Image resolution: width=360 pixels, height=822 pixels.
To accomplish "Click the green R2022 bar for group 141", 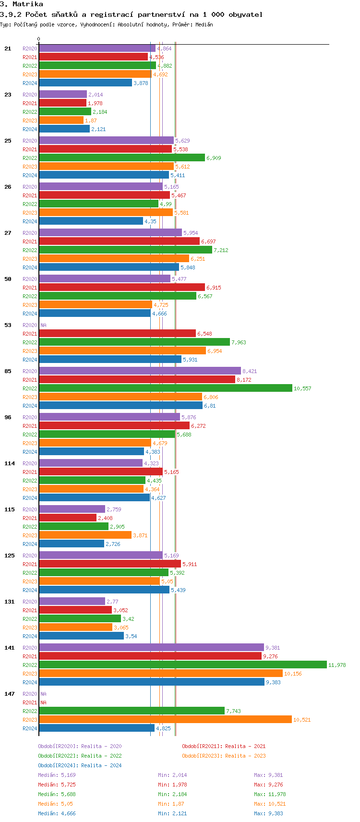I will pyautogui.click(x=182, y=665).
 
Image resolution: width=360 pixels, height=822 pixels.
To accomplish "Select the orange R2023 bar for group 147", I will pyautogui.click(x=165, y=720).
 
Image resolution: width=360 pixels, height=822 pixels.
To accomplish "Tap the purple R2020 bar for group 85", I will pyautogui.click(x=140, y=371).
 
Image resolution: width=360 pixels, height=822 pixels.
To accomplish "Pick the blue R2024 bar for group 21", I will pyautogui.click(x=85, y=83).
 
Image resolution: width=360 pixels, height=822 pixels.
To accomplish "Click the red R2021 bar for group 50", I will pyautogui.click(x=122, y=288).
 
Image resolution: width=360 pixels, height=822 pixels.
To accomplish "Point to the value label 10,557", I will pyautogui.click(x=302, y=388).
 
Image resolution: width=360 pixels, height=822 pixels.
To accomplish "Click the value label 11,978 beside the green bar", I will pyautogui.click(x=337, y=665).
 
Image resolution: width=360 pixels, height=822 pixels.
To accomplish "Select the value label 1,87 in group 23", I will pyautogui.click(x=91, y=121).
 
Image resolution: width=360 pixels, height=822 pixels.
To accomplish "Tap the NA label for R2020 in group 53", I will pyautogui.click(x=43, y=325).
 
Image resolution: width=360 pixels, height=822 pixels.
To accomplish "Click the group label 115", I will pyautogui.click(x=10, y=509).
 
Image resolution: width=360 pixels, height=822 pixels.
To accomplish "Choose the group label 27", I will pyautogui.click(x=8, y=233).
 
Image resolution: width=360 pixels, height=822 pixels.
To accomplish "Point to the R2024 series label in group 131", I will pyautogui.click(x=30, y=636).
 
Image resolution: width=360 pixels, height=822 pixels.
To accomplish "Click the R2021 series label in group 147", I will pyautogui.click(x=30, y=702).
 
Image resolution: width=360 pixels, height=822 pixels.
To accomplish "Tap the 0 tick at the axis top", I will pyautogui.click(x=39, y=39).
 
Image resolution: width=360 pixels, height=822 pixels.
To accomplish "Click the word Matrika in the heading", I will pyautogui.click(x=28, y=4).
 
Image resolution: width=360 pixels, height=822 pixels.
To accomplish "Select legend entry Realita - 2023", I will pyautogui.click(x=224, y=756).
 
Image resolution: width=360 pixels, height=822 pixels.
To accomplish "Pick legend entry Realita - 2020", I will pyautogui.click(x=80, y=746).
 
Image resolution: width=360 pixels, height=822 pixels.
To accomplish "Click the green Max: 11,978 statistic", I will pyautogui.click(x=270, y=794).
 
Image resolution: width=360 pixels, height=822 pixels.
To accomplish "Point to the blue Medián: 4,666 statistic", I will pyautogui.click(x=57, y=813).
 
